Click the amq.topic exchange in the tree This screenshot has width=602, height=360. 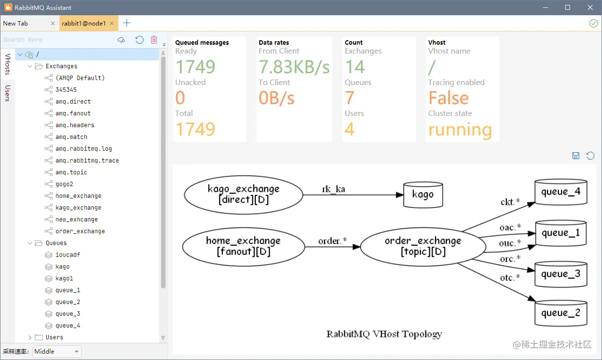[x=71, y=172]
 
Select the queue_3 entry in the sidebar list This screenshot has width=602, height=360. [x=68, y=314]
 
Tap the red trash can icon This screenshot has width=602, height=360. [x=154, y=40]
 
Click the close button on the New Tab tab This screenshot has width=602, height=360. [x=53, y=24]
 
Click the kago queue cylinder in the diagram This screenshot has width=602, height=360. [x=423, y=194]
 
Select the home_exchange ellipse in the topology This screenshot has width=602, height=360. [x=244, y=247]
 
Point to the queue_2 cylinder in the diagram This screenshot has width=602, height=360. [x=561, y=313]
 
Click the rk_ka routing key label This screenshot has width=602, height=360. [x=333, y=189]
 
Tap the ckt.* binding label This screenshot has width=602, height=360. [x=510, y=202]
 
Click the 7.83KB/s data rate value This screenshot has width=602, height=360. [x=294, y=67]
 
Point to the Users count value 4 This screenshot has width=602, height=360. [x=350, y=129]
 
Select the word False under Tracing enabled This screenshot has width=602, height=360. [x=448, y=98]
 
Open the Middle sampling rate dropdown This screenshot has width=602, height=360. [x=56, y=351]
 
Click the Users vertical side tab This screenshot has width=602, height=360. [x=7, y=93]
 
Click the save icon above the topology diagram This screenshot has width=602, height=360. [x=575, y=156]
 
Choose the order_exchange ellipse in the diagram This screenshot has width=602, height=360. [x=423, y=247]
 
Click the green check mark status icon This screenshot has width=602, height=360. [x=593, y=24]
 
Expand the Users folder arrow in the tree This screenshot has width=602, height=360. [x=30, y=337]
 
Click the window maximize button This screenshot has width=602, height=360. [x=568, y=7]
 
